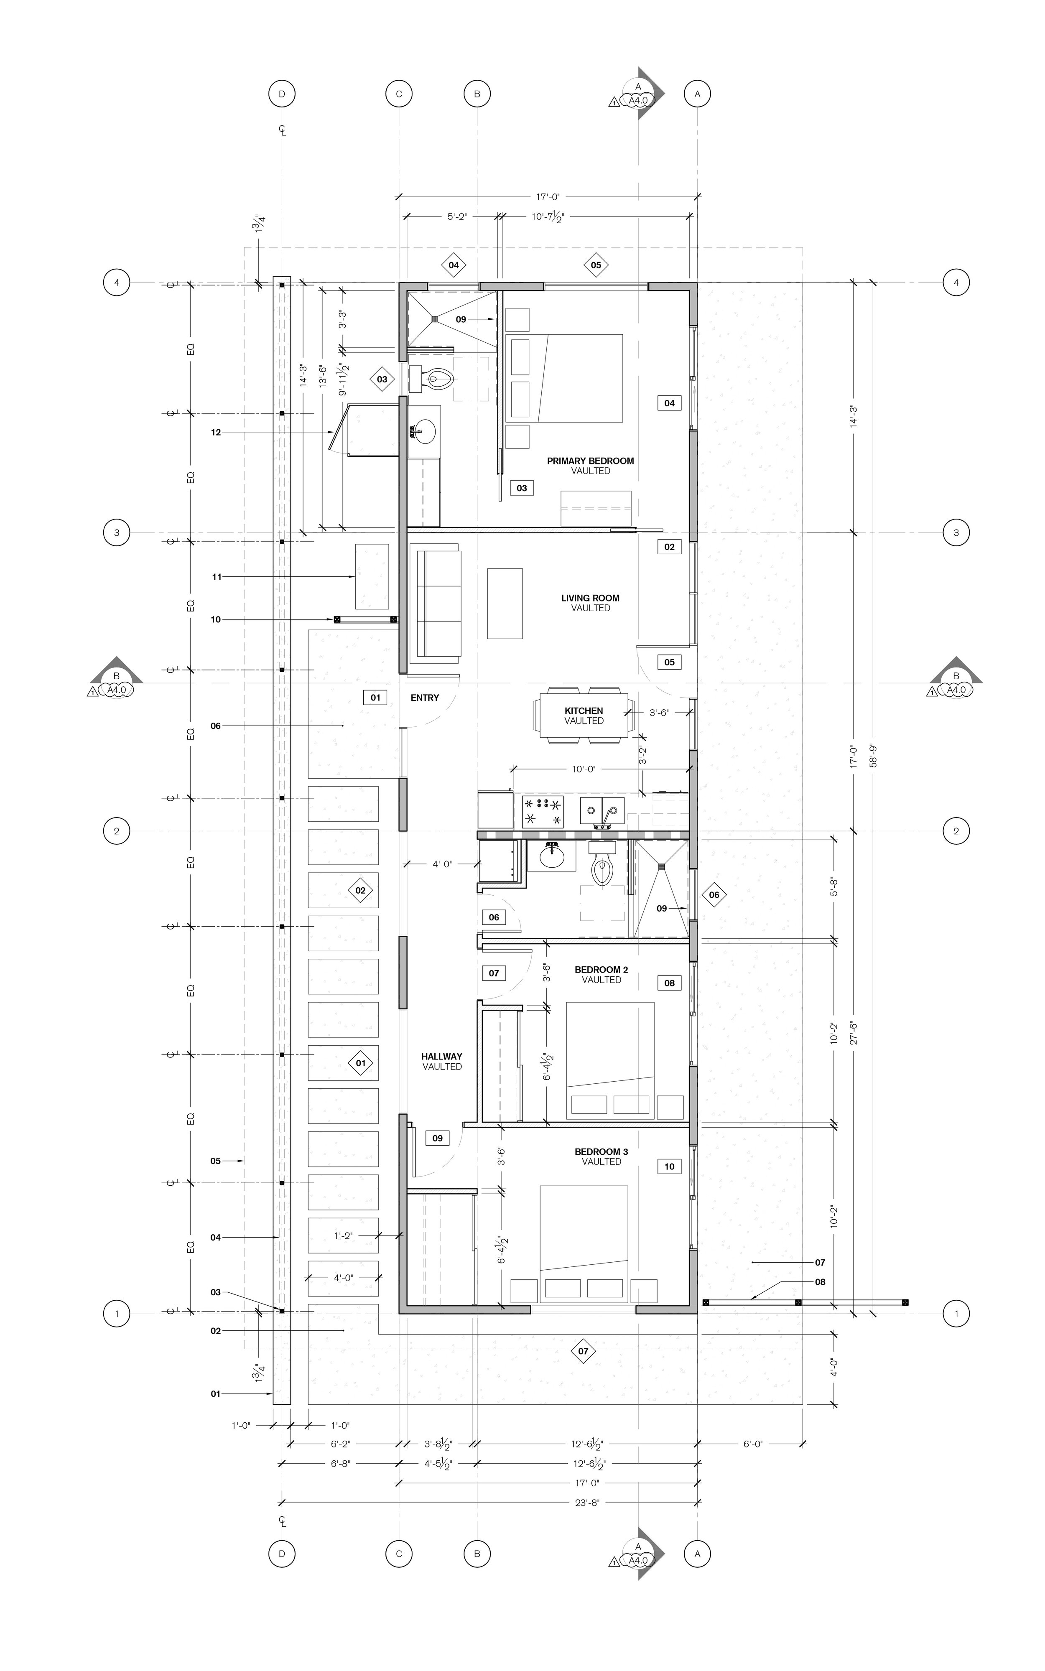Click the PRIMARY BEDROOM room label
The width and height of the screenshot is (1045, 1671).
click(x=590, y=461)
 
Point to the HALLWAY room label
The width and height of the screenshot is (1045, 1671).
click(x=442, y=1057)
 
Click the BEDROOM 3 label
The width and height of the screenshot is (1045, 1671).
click(x=601, y=1152)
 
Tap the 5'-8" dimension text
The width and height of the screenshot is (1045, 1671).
click(x=834, y=887)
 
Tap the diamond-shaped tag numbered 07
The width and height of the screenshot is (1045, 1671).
click(x=584, y=1351)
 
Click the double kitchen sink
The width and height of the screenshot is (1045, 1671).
click(x=602, y=810)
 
